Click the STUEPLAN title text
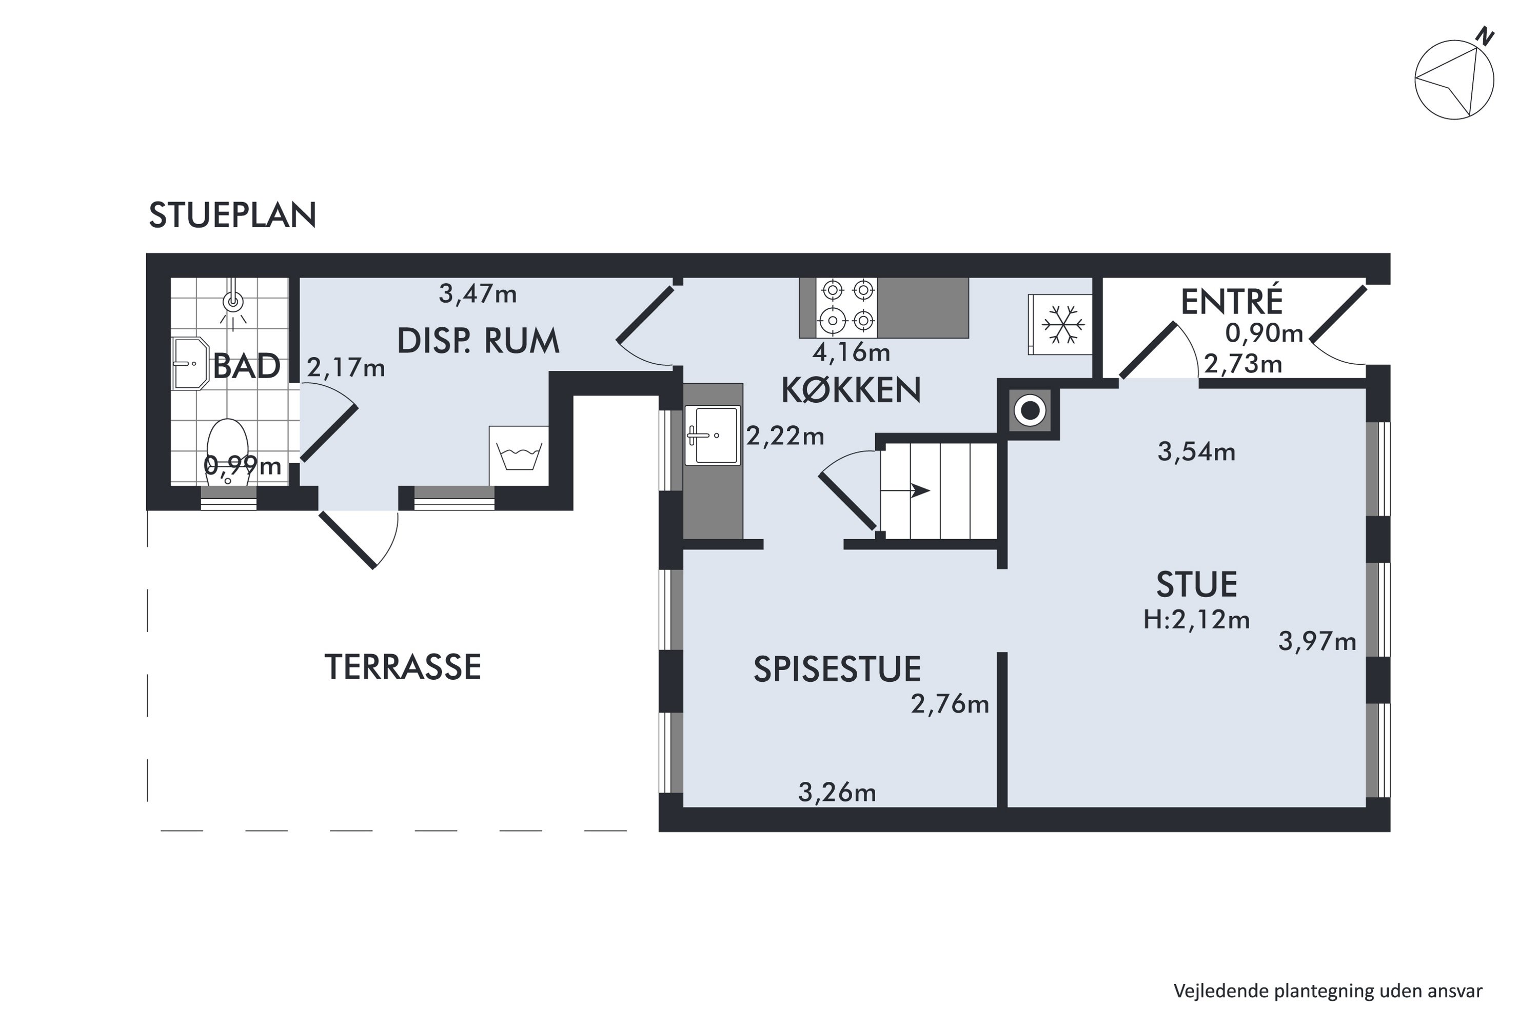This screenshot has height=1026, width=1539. coord(232,215)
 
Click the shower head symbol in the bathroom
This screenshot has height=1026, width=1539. coord(233,302)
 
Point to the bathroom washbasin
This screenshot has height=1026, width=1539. coord(189,363)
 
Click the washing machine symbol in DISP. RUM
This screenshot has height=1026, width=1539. coord(519,456)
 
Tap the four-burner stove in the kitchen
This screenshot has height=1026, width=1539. coord(847,307)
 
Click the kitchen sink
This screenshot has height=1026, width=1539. coord(713,435)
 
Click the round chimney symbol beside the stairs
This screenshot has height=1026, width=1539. coord(1030,411)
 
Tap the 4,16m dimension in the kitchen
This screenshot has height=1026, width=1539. coord(851,353)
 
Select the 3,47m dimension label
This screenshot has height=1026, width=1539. coord(478,294)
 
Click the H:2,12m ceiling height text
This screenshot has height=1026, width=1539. coord(1196,620)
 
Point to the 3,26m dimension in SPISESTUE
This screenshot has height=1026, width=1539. coord(837,793)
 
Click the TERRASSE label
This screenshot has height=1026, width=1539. coord(402,667)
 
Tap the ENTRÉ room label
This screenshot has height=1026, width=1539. coord(1232,302)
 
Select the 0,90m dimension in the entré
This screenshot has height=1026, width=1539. coord(1264,334)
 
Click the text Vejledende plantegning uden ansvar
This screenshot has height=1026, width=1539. coord(1328,991)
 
